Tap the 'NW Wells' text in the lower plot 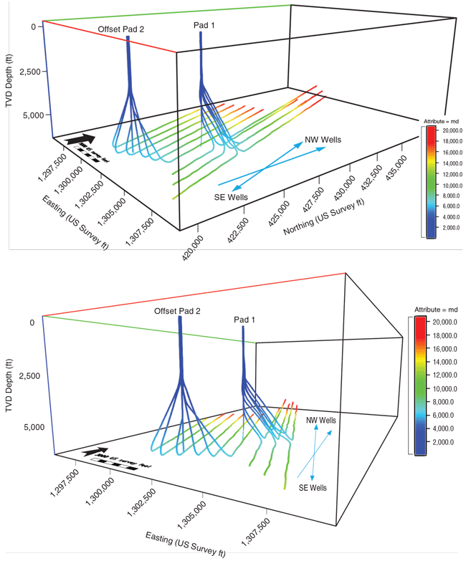pyautogui.click(x=321, y=421)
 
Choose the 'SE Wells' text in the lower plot pyautogui.click(x=313, y=488)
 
